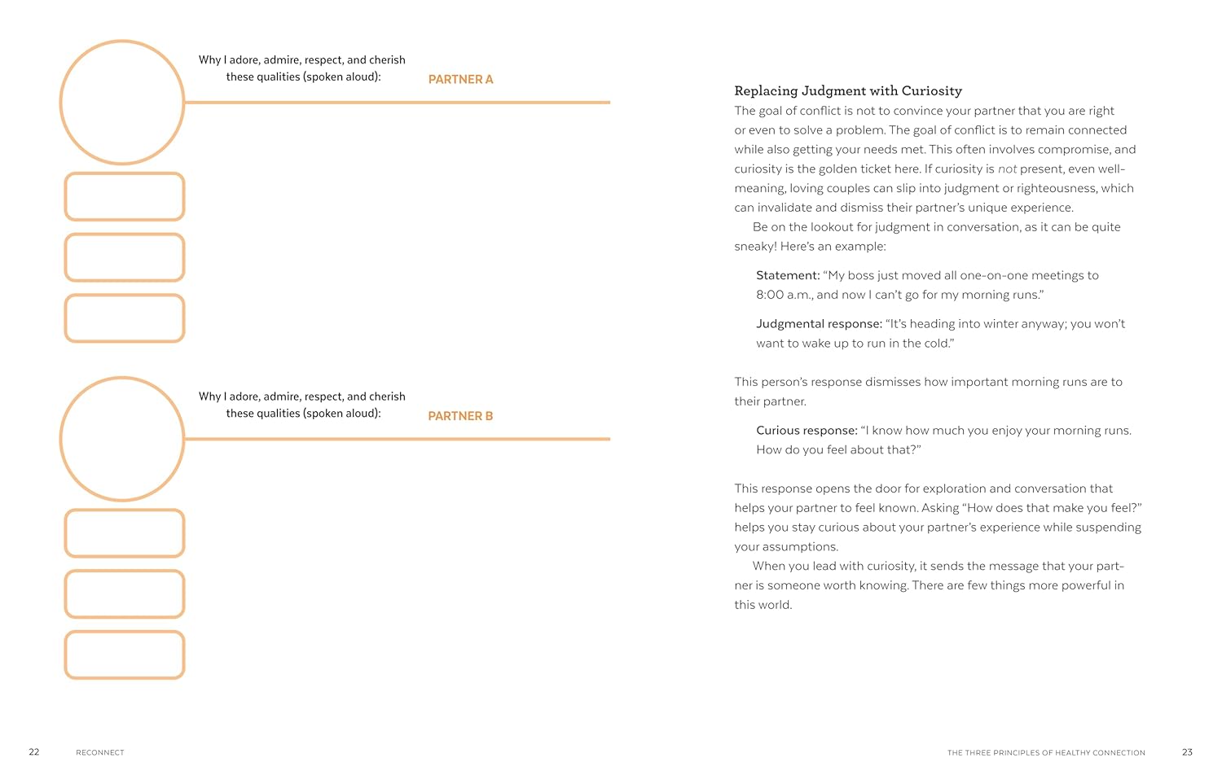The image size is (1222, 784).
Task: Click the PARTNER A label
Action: coord(460,79)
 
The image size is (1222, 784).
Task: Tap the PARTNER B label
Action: coord(460,416)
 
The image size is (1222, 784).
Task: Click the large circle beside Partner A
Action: coord(122,103)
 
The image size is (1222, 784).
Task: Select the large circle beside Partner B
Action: coord(122,439)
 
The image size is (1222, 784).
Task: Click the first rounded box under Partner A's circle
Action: coord(125,196)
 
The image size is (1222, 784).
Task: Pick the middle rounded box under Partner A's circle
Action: coord(125,257)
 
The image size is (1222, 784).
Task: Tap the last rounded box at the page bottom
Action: coord(125,655)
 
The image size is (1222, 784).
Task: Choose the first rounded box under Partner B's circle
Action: coord(125,533)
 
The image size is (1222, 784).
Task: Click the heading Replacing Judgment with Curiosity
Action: coord(848,91)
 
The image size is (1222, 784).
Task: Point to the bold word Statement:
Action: coord(788,275)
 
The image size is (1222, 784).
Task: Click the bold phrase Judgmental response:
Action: coord(819,324)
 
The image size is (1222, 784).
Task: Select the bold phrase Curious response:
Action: coord(807,431)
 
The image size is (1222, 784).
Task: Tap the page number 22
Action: coord(34,752)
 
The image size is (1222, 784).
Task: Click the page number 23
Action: coord(1187,752)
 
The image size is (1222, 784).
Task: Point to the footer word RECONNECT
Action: coord(100,753)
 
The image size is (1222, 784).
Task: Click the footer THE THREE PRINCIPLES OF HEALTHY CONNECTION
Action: coord(1046,753)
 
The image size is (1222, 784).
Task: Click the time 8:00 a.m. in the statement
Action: coord(784,295)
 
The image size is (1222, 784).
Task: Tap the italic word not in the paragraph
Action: coord(1008,169)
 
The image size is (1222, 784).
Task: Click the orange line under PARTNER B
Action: coord(398,439)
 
